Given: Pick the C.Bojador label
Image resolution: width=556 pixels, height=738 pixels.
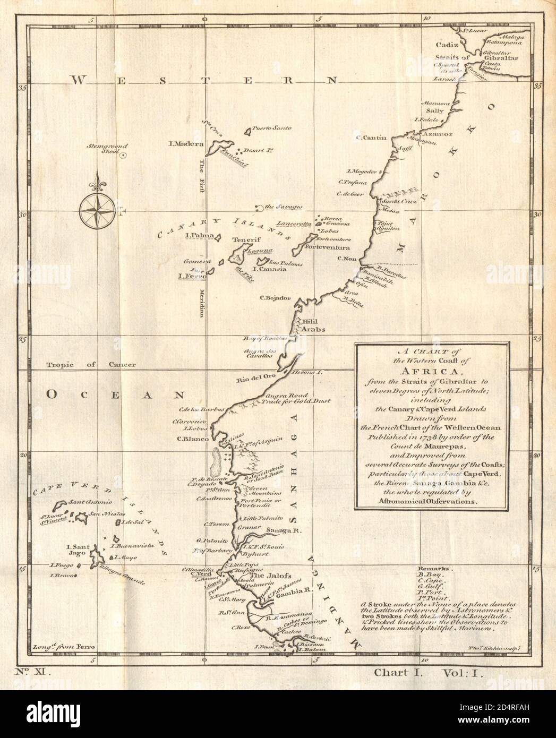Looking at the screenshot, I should pyautogui.click(x=276, y=298).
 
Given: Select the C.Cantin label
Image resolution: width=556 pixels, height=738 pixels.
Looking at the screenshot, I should pyautogui.click(x=371, y=139).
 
